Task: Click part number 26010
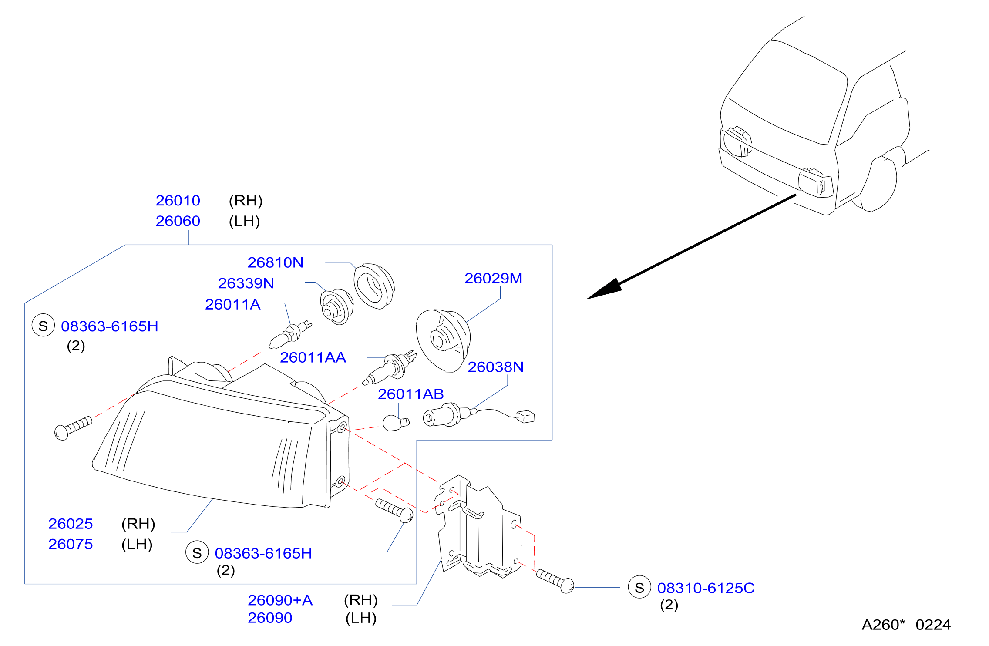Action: click(x=178, y=201)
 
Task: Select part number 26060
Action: click(x=178, y=221)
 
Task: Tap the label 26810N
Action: click(x=276, y=262)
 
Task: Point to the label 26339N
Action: click(x=246, y=283)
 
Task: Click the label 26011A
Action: click(x=233, y=304)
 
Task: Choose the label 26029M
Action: click(x=494, y=278)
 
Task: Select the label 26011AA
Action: click(x=313, y=357)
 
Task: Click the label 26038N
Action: click(x=496, y=367)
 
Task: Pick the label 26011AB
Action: click(x=411, y=394)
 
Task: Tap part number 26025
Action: click(x=71, y=524)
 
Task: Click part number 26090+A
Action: click(x=280, y=600)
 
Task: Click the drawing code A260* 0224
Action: click(x=906, y=625)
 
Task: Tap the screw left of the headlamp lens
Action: click(x=73, y=428)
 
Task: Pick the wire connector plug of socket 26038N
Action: click(x=525, y=417)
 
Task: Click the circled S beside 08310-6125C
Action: click(x=639, y=587)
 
